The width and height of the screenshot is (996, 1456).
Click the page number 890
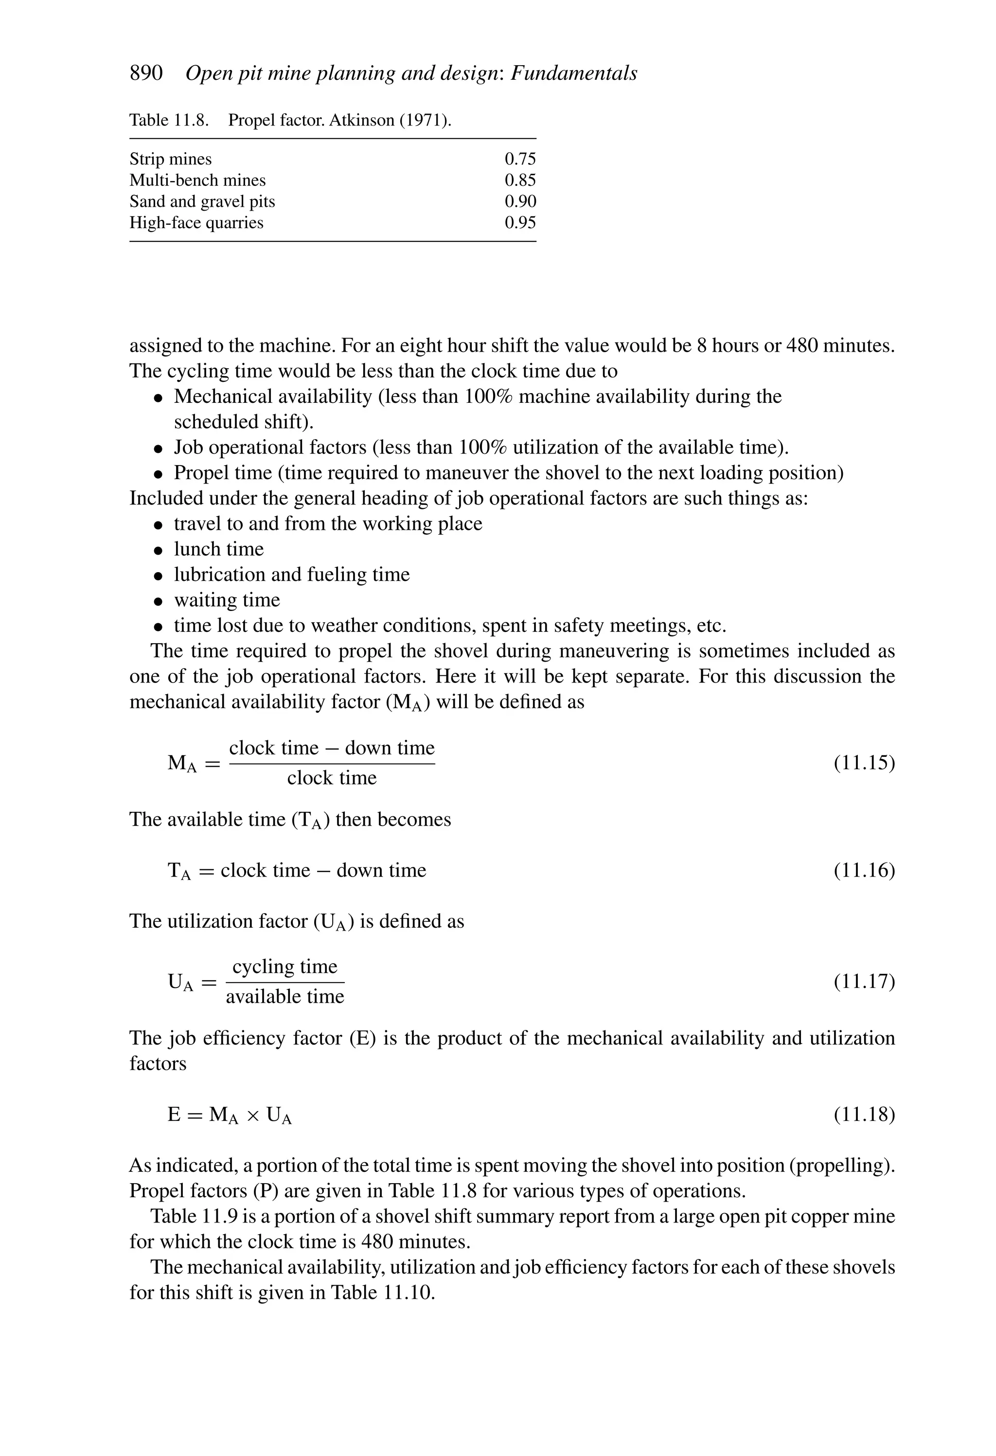pyautogui.click(x=146, y=73)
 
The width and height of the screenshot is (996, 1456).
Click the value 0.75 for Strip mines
pyautogui.click(x=520, y=159)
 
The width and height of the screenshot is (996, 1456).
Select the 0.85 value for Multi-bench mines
pyautogui.click(x=520, y=180)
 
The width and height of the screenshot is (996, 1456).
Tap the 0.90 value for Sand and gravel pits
pyautogui.click(x=520, y=202)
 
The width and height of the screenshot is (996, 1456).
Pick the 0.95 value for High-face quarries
pyautogui.click(x=520, y=223)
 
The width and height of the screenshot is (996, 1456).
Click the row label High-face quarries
pyautogui.click(x=196, y=223)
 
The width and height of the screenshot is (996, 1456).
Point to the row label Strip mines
pyautogui.click(x=170, y=159)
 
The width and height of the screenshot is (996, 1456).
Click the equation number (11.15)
pyautogui.click(x=864, y=763)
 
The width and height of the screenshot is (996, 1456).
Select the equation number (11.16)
pyautogui.click(x=864, y=870)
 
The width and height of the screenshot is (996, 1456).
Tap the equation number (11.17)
pyautogui.click(x=864, y=981)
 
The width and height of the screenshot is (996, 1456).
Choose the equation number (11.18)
pyautogui.click(x=864, y=1114)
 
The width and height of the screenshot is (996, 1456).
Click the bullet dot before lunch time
pyautogui.click(x=159, y=551)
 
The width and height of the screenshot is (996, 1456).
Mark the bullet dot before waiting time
pyautogui.click(x=159, y=601)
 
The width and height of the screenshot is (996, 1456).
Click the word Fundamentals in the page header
pyautogui.click(x=574, y=73)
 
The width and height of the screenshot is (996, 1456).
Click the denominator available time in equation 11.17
pyautogui.click(x=285, y=997)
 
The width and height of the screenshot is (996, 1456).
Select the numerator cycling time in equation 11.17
pyautogui.click(x=285, y=967)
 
